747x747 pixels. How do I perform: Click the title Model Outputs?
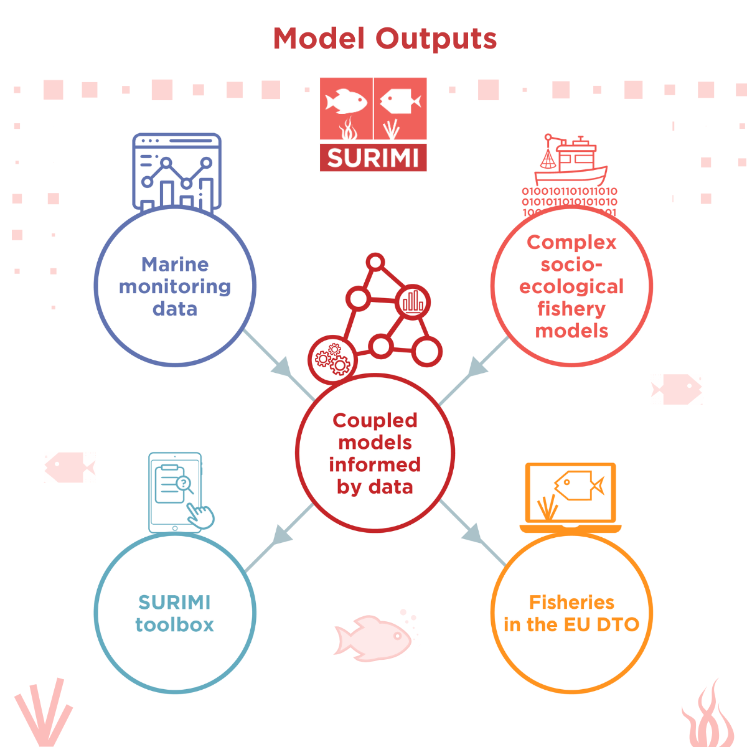tap(385, 39)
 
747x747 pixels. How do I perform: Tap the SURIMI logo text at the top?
tap(373, 158)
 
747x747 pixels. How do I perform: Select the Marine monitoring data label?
tap(175, 286)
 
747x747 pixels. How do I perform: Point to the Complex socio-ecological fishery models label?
tap(571, 286)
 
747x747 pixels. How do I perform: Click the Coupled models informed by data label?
tap(375, 453)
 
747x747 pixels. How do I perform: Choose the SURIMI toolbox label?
tap(175, 613)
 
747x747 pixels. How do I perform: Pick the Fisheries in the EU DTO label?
tap(571, 613)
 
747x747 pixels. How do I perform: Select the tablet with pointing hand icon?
tap(177, 492)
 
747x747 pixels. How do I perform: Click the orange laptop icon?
tap(570, 497)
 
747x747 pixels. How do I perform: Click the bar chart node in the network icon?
tap(413, 303)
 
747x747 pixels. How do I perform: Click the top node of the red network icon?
tap(375, 262)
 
